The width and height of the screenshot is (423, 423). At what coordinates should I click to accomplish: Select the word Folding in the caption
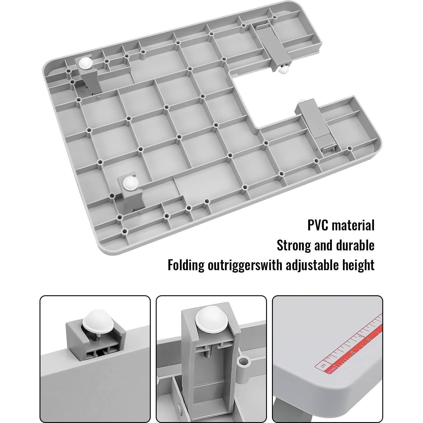click(x=186, y=265)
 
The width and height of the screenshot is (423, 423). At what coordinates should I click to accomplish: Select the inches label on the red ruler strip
click(x=332, y=369)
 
